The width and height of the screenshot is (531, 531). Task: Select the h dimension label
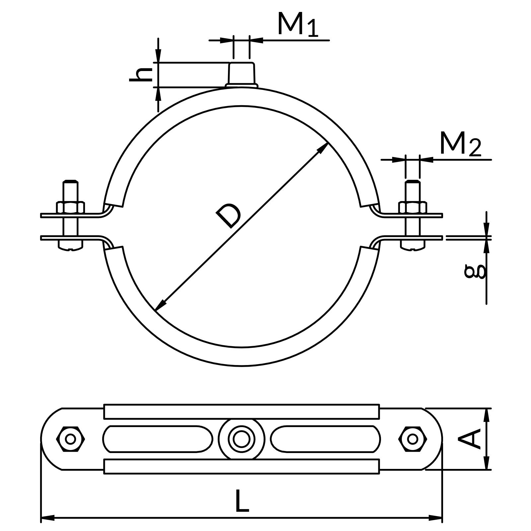click(141, 75)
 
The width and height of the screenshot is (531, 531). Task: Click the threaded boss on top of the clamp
click(242, 74)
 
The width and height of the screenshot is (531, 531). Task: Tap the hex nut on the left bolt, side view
click(70, 207)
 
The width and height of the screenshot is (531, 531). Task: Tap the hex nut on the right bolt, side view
click(413, 207)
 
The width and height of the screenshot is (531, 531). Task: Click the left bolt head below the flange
click(70, 245)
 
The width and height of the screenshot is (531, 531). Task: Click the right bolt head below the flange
click(413, 245)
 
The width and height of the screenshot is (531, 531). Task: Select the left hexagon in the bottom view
click(70, 439)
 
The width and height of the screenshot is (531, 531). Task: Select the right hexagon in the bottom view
click(413, 439)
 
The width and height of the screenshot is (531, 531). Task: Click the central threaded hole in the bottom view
click(242, 439)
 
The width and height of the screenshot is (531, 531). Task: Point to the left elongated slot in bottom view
click(158, 439)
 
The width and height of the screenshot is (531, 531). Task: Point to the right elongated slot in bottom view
click(325, 439)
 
